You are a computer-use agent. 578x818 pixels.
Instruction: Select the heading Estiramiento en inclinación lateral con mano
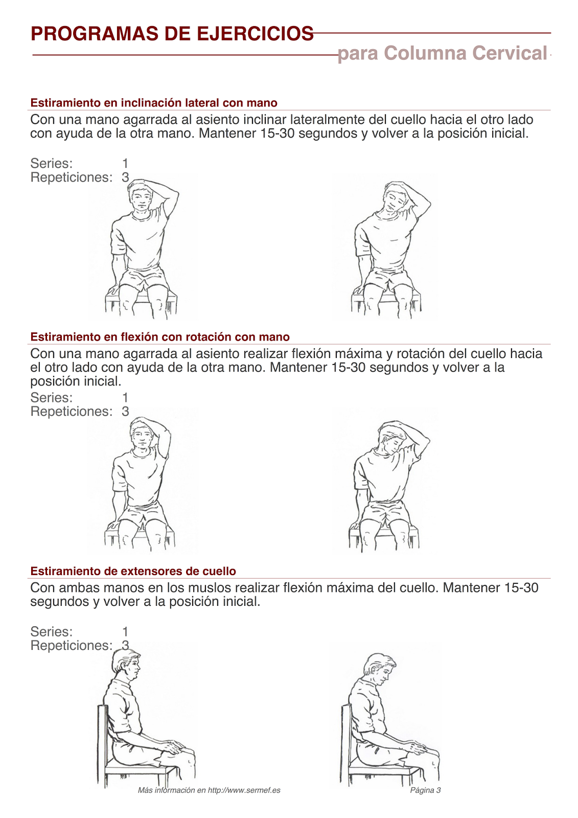coord(153,103)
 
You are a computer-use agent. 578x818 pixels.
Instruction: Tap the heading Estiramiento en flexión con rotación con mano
coord(159,337)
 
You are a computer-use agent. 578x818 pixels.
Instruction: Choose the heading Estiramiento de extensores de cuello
coord(133,571)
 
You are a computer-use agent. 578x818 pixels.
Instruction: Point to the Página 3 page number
coord(425,790)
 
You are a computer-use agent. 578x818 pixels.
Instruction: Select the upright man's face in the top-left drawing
coord(141,198)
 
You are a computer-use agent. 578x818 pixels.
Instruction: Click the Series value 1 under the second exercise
coord(125,398)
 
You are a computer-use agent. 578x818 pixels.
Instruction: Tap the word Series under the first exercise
coord(51,164)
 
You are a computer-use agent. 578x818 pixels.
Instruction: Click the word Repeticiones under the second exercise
coord(71,412)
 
